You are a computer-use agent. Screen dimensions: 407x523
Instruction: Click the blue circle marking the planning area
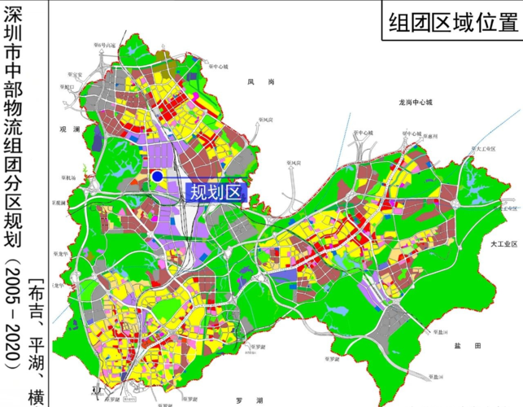click(157, 176)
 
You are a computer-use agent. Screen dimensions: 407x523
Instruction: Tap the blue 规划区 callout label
click(216, 192)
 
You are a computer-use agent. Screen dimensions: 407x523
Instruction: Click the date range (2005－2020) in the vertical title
click(12, 322)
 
